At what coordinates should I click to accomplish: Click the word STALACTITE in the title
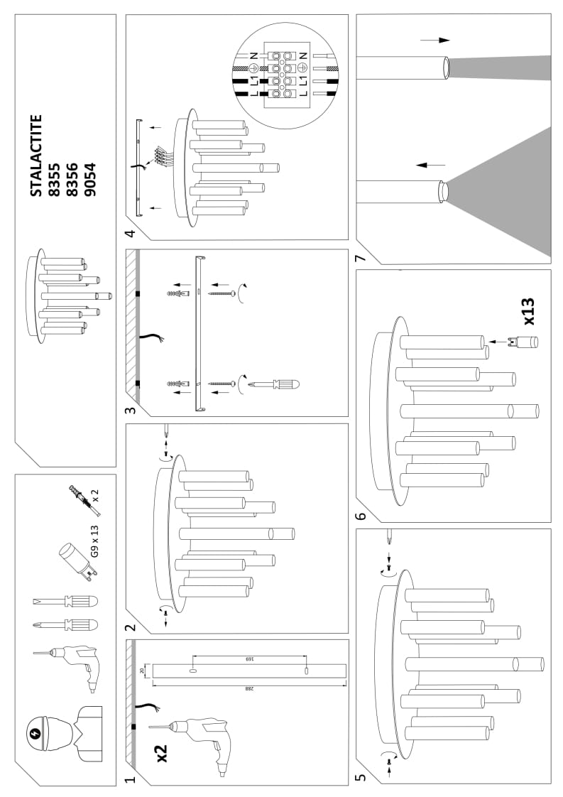37,156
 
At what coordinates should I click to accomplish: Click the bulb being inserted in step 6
523,342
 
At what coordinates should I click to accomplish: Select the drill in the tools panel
73,664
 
